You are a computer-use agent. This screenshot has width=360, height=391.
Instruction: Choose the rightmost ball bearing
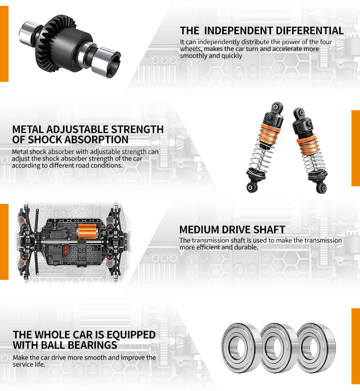315,347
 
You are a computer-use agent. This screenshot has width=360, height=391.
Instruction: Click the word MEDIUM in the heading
199,230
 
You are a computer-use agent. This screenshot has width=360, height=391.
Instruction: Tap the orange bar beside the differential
4,40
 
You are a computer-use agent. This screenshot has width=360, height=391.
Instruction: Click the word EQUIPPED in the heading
132,335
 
